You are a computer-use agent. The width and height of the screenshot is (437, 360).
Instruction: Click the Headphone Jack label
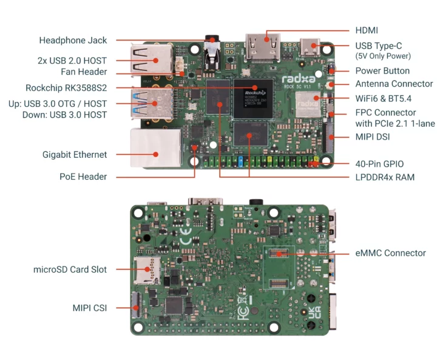pos(73,41)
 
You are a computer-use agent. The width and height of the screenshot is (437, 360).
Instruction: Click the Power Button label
pos(382,71)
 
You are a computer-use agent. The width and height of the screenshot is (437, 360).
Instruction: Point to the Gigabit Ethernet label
pos(75,154)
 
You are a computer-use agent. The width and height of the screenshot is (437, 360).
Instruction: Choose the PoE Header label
pos(83,177)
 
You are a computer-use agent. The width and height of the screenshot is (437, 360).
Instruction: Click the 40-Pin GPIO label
pos(379,163)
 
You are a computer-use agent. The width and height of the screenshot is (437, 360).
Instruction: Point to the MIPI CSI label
pos(89,308)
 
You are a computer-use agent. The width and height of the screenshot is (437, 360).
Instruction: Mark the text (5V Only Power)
pos(383,56)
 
